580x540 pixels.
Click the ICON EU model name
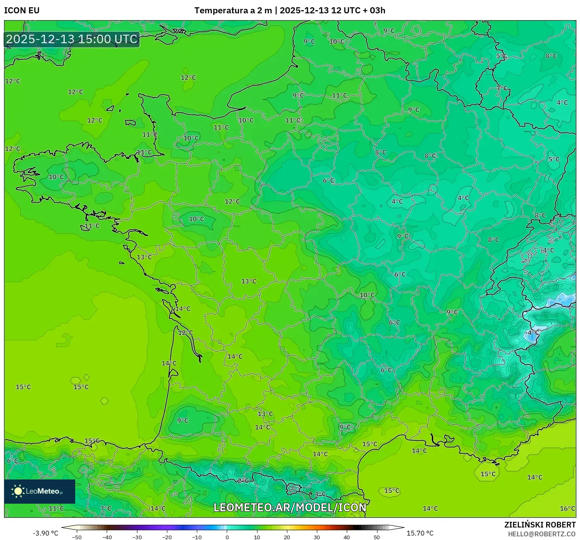click(x=22, y=10)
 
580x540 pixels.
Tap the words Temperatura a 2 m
click(x=233, y=10)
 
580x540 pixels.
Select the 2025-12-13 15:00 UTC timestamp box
click(x=72, y=39)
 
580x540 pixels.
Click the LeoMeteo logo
click(x=40, y=491)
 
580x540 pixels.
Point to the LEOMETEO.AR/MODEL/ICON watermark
click(x=290, y=507)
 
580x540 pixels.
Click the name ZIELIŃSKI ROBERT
click(x=540, y=525)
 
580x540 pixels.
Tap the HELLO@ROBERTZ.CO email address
click(x=542, y=534)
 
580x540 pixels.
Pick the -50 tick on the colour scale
click(x=77, y=537)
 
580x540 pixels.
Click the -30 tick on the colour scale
click(x=137, y=537)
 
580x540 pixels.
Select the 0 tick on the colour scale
click(x=227, y=537)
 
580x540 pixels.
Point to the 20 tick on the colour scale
click(x=287, y=537)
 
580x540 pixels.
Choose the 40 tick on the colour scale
click(x=347, y=537)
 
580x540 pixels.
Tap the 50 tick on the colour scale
click(x=377, y=537)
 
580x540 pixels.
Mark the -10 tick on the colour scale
click(x=197, y=537)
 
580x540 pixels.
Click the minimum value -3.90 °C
click(x=45, y=533)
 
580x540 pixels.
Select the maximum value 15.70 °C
click(x=420, y=533)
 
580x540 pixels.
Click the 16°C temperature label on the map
click(x=567, y=509)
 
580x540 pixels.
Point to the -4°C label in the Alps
click(x=532, y=333)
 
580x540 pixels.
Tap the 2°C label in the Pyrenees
click(x=243, y=480)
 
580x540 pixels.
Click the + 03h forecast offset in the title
click(x=374, y=10)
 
